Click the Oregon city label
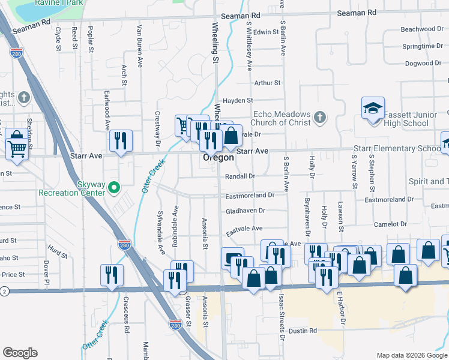pos(218,158)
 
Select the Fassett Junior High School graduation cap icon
pos(373,109)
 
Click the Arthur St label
pos(267,83)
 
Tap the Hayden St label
pos(238,100)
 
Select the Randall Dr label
pos(240,176)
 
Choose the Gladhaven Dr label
pos(246,211)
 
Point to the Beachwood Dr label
pos(421,29)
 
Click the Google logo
pos(20,352)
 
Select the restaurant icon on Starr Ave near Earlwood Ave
pos(121,140)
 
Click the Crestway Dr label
pos(158,129)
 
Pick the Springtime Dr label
pos(422,46)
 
